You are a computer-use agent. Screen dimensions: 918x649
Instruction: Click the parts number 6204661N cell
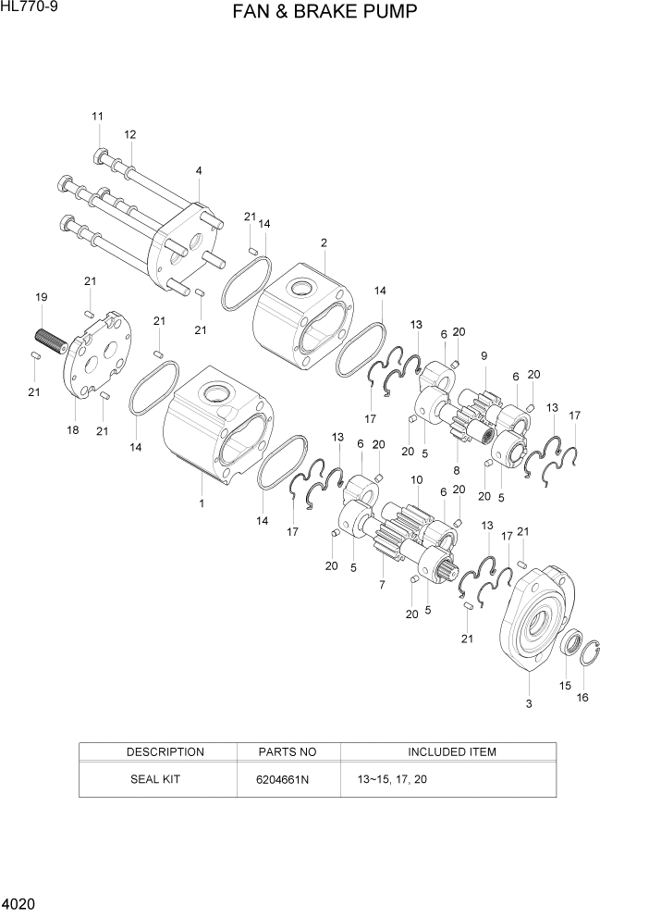coord(282,779)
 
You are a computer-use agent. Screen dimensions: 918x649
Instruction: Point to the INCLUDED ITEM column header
coord(451,751)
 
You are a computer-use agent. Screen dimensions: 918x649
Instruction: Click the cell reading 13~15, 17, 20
coord(392,779)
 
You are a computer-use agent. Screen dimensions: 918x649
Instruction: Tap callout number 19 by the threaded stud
coord(41,297)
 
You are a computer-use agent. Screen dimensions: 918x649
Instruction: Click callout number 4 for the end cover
coord(199,170)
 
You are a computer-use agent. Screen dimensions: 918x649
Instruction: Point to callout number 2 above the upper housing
coord(324,243)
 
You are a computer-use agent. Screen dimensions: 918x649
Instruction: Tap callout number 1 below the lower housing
coord(201,503)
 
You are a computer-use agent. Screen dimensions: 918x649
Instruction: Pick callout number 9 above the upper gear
coord(484,355)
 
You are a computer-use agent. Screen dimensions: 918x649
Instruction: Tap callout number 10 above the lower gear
coord(417,480)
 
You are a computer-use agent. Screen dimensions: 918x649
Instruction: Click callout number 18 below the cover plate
coord(73,430)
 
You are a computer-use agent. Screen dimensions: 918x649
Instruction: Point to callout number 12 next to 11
coord(130,134)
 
